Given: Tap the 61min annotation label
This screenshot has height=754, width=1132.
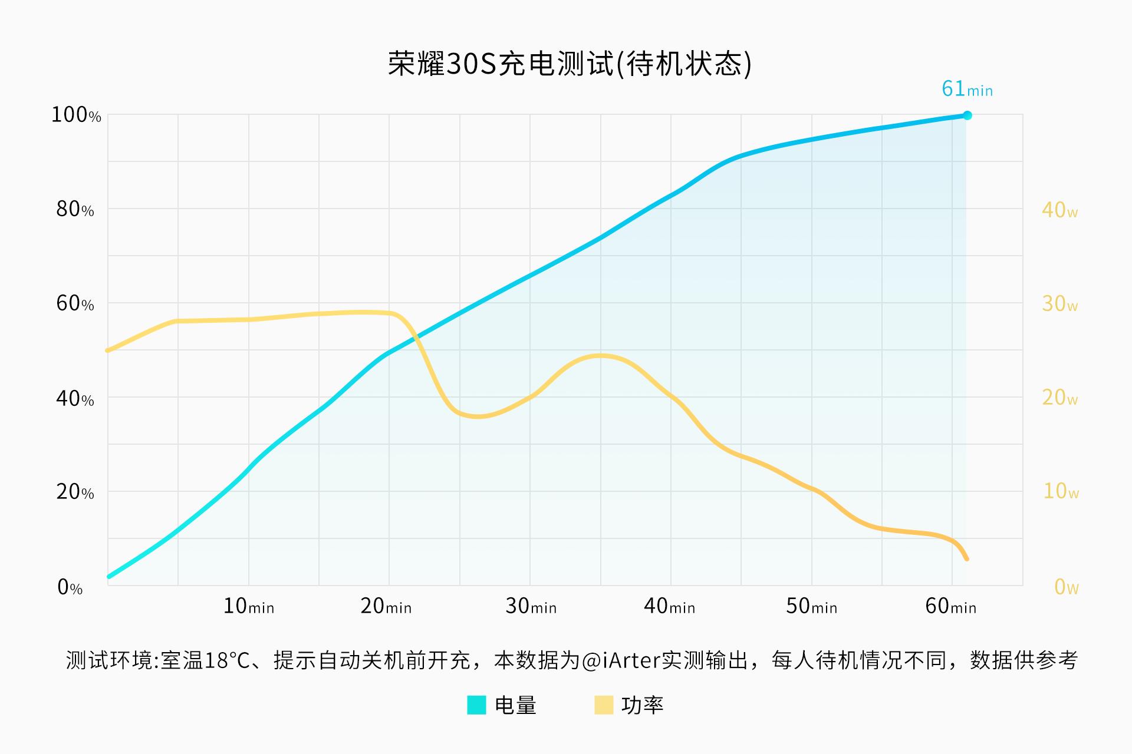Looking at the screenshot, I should pyautogui.click(x=967, y=89).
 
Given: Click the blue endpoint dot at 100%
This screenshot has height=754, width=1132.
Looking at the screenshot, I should pyautogui.click(x=967, y=115).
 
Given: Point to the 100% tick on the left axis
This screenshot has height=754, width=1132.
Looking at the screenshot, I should pyautogui.click(x=76, y=115).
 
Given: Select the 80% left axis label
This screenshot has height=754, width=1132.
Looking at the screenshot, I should pyautogui.click(x=75, y=209).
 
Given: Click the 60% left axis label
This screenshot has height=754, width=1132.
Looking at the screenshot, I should pyautogui.click(x=75, y=303).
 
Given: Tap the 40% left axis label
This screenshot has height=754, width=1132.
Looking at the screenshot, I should pyautogui.click(x=75, y=399).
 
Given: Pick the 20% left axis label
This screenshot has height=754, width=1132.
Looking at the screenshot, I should pyautogui.click(x=75, y=492).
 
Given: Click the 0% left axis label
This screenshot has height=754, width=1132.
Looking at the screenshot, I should pyautogui.click(x=70, y=587).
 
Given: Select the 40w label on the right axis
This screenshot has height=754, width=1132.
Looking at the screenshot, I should pyautogui.click(x=1059, y=210).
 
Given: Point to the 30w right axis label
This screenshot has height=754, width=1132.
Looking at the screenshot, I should pyautogui.click(x=1059, y=304).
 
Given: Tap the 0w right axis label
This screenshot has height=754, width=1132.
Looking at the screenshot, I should pyautogui.click(x=1066, y=587).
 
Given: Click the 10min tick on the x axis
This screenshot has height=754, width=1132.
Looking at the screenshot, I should pyautogui.click(x=248, y=606).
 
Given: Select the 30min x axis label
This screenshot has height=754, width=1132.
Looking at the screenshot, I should pyautogui.click(x=531, y=606).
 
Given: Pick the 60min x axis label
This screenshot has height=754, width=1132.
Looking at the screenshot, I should pyautogui.click(x=950, y=606).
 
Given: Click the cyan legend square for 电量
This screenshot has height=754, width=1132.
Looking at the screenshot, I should pyautogui.click(x=476, y=705).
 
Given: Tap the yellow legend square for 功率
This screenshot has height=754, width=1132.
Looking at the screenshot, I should pyautogui.click(x=604, y=705).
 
